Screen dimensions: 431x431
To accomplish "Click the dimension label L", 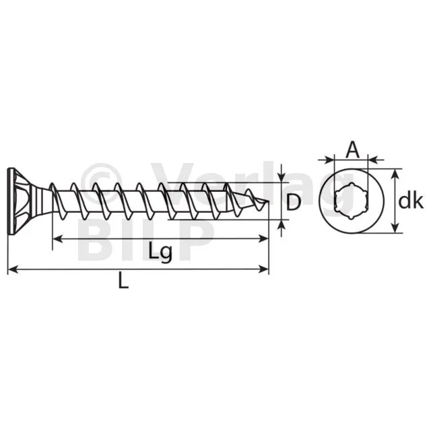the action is [x=123, y=280].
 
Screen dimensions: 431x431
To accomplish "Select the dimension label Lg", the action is [x=160, y=251].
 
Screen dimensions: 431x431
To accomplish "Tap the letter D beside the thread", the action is [x=294, y=202].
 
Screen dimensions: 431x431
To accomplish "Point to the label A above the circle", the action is [x=353, y=150].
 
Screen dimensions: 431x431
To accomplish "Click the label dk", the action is [x=411, y=201].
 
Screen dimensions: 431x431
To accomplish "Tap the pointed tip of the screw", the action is [x=267, y=202].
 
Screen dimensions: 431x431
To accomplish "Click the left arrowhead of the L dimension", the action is [x=13, y=269].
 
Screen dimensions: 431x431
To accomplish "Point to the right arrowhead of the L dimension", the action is [x=263, y=269].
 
